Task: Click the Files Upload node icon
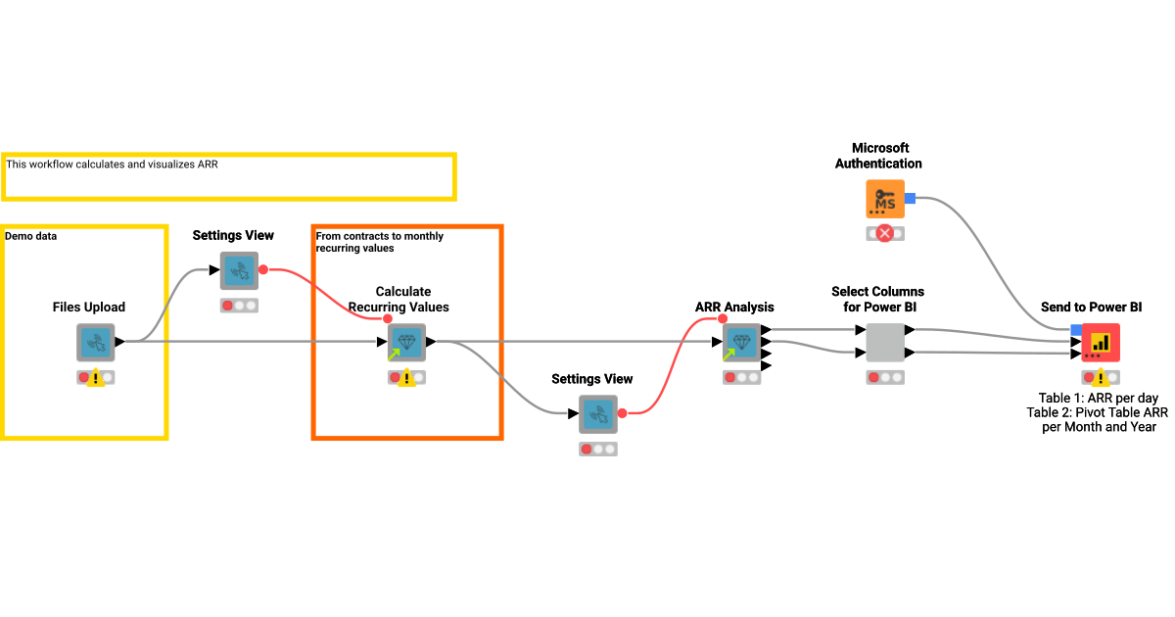96,343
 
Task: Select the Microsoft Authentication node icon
884,199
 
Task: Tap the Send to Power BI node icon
1101,343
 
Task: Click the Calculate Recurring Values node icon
406,343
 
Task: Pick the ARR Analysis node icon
741,343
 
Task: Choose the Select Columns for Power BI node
885,343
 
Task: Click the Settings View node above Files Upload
239,270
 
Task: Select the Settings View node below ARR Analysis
597,414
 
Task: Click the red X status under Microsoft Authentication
885,233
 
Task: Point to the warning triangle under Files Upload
96,378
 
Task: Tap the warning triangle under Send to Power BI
1102,378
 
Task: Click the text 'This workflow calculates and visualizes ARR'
112,165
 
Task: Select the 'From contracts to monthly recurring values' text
379,243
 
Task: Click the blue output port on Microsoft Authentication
910,199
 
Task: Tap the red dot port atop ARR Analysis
723,318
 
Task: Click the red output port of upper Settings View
263,270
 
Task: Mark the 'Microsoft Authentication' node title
878,156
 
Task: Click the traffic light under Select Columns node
885,377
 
